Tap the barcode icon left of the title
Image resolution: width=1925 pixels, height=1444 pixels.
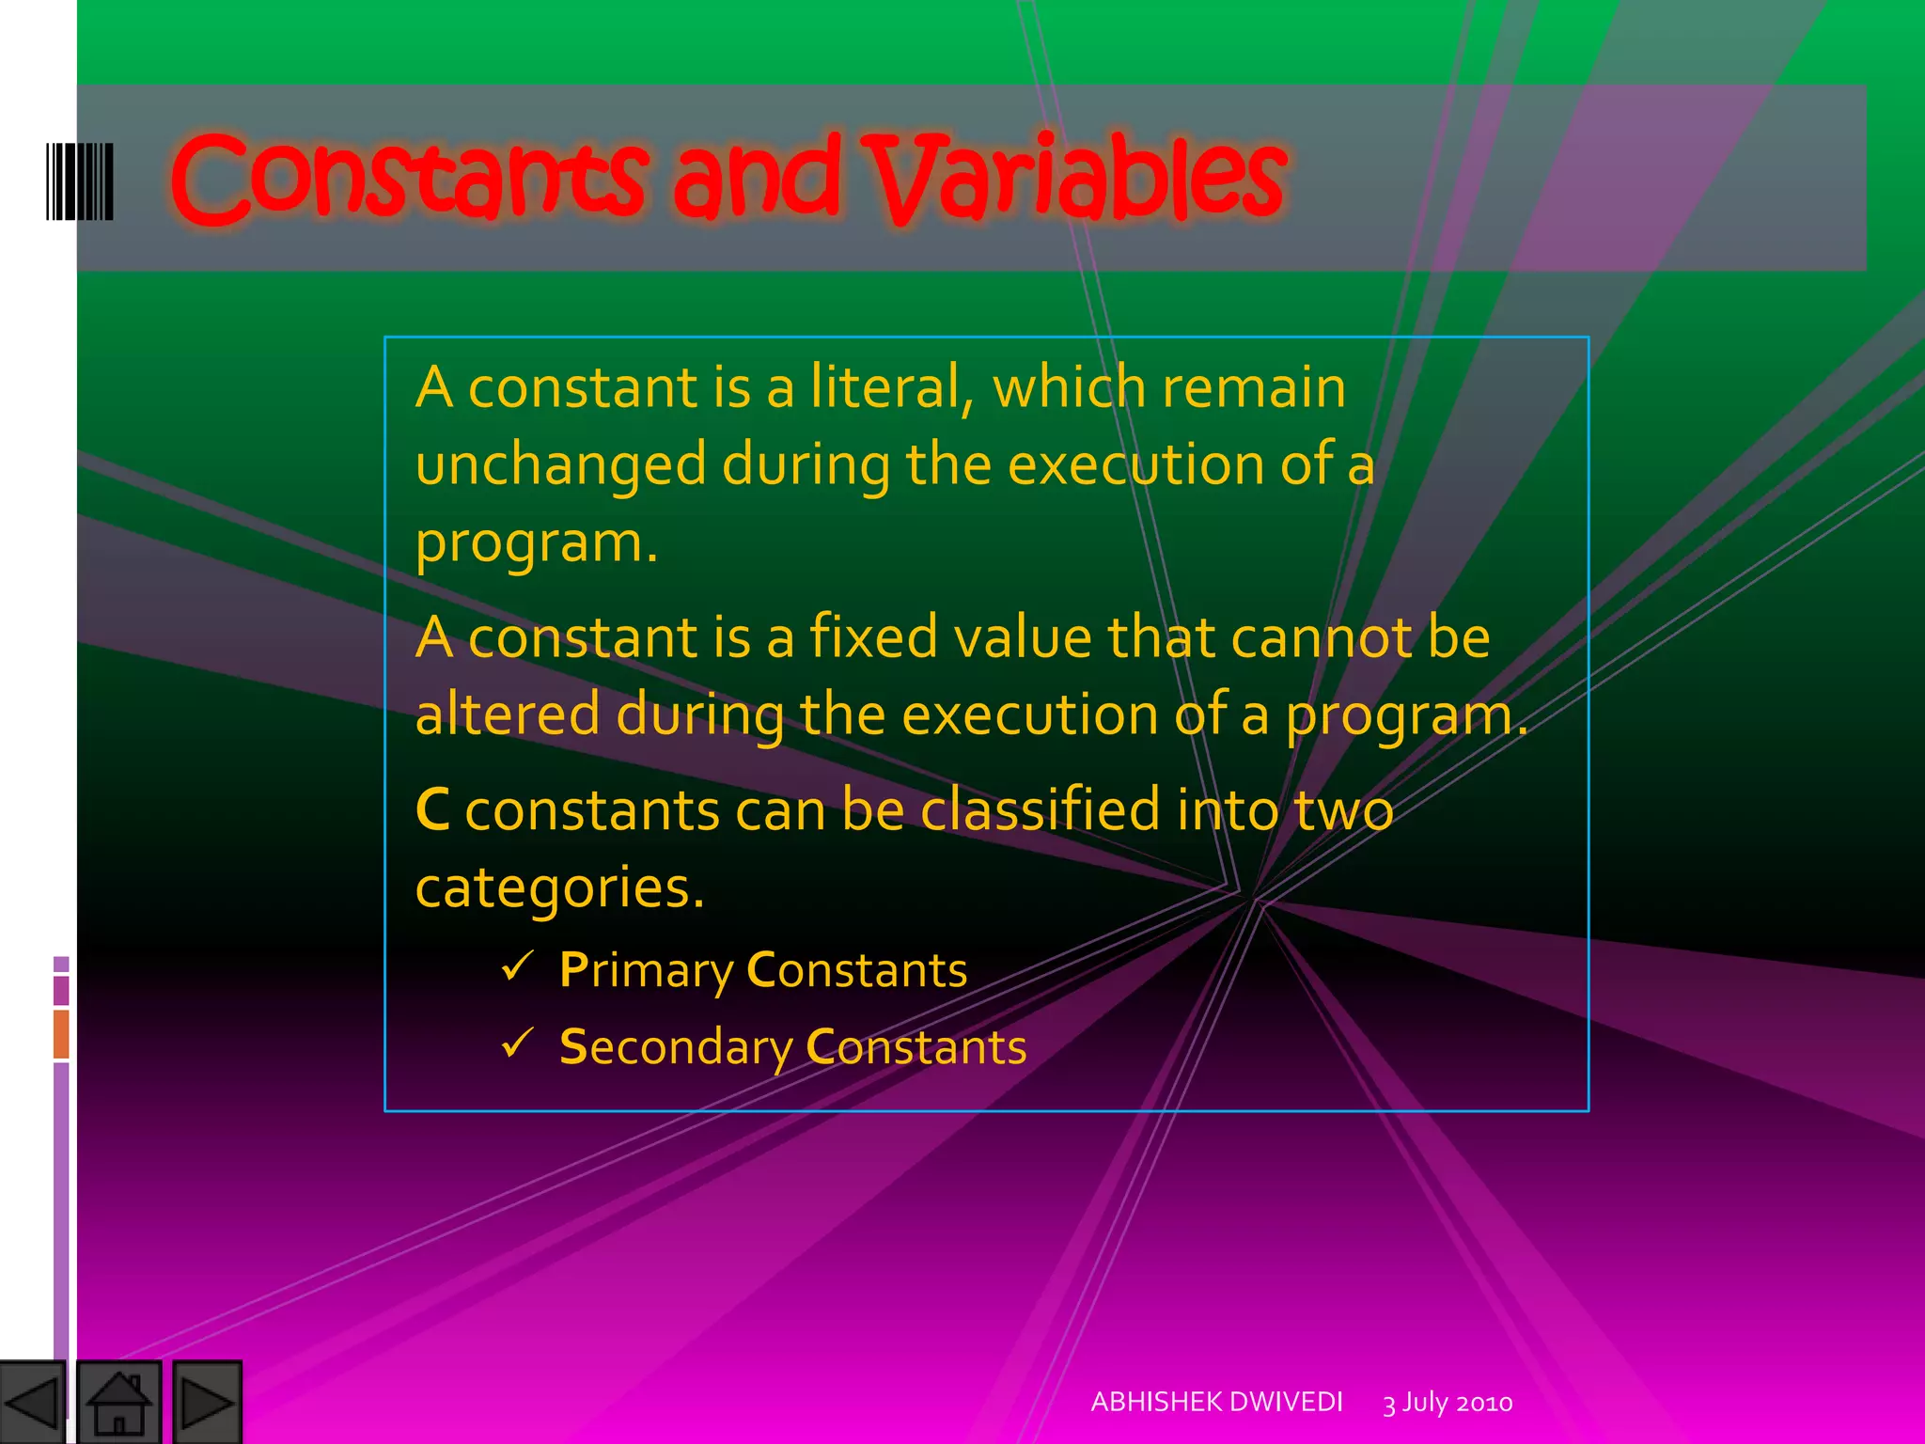pos(80,181)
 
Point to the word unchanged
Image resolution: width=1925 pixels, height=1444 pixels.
pos(560,465)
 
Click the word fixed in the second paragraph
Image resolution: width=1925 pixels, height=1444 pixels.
pos(872,637)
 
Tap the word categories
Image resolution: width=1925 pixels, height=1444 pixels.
pos(558,888)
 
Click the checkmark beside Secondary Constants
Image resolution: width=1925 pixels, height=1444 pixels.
pos(518,1043)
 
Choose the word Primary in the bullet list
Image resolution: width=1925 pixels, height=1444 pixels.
pos(646,971)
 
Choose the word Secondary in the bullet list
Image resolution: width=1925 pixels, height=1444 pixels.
pos(676,1048)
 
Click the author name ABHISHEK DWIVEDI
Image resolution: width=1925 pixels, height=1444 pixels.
pos(1216,1402)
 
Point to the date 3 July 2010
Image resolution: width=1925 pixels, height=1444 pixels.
pos(1448,1403)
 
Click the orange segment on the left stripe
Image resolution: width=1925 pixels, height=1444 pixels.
pos(61,1033)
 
